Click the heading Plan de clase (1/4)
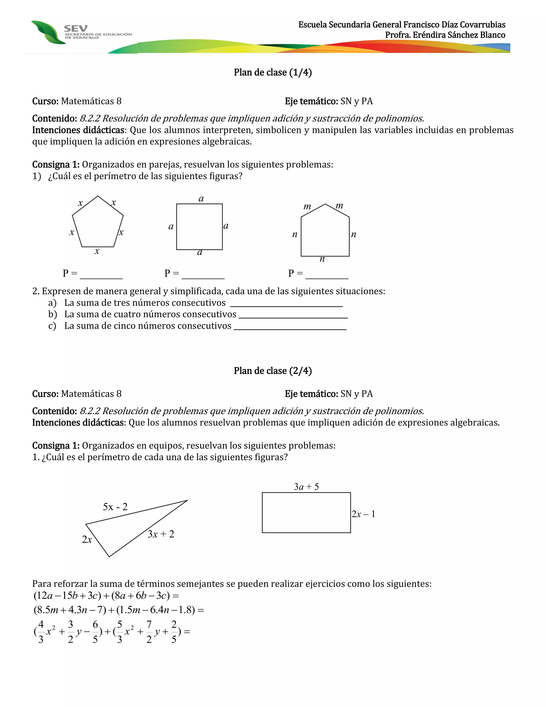point(273,73)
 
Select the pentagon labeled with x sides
point(98,223)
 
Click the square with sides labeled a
point(199,227)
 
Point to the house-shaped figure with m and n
point(325,233)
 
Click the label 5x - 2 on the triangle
point(115,507)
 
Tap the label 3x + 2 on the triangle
point(161,534)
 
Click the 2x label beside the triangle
point(87,540)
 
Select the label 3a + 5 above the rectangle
point(306,487)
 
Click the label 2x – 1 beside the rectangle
point(363,514)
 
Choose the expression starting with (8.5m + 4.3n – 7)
point(118,610)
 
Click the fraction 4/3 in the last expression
point(41,631)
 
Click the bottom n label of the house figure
point(322,259)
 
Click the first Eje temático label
point(311,101)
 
